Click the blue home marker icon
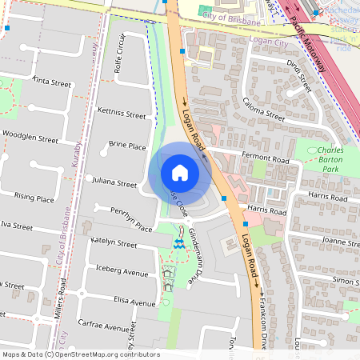180,172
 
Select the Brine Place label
126,146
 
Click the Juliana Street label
115,183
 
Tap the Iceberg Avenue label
119,274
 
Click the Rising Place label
34,198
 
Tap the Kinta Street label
52,81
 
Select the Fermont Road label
266,160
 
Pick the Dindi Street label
298,79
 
